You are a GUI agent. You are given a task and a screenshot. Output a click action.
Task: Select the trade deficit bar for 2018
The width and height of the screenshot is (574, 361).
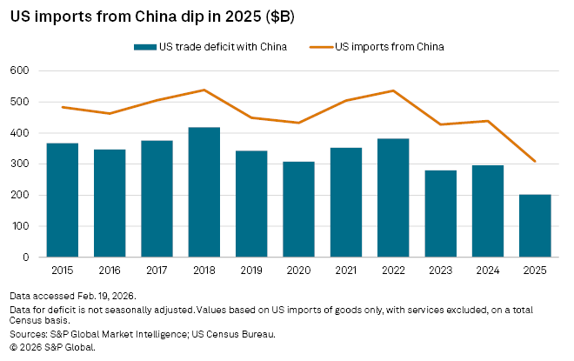204,192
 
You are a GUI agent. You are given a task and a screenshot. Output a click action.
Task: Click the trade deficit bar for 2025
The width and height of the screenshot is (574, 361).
534,225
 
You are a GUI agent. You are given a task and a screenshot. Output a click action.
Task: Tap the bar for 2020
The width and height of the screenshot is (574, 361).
298,210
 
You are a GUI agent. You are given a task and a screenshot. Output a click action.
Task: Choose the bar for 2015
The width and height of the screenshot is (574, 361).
63,200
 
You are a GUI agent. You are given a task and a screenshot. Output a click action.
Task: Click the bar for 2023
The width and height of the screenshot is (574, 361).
440,214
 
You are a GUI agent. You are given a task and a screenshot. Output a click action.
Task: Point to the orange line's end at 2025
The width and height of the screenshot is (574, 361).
534,161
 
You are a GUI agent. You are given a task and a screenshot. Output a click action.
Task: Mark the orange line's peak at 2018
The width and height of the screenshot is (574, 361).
204,90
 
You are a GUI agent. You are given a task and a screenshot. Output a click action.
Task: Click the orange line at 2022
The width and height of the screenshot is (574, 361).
393,90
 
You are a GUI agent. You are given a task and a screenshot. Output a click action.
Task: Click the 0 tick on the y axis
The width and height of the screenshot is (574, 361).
29,257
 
